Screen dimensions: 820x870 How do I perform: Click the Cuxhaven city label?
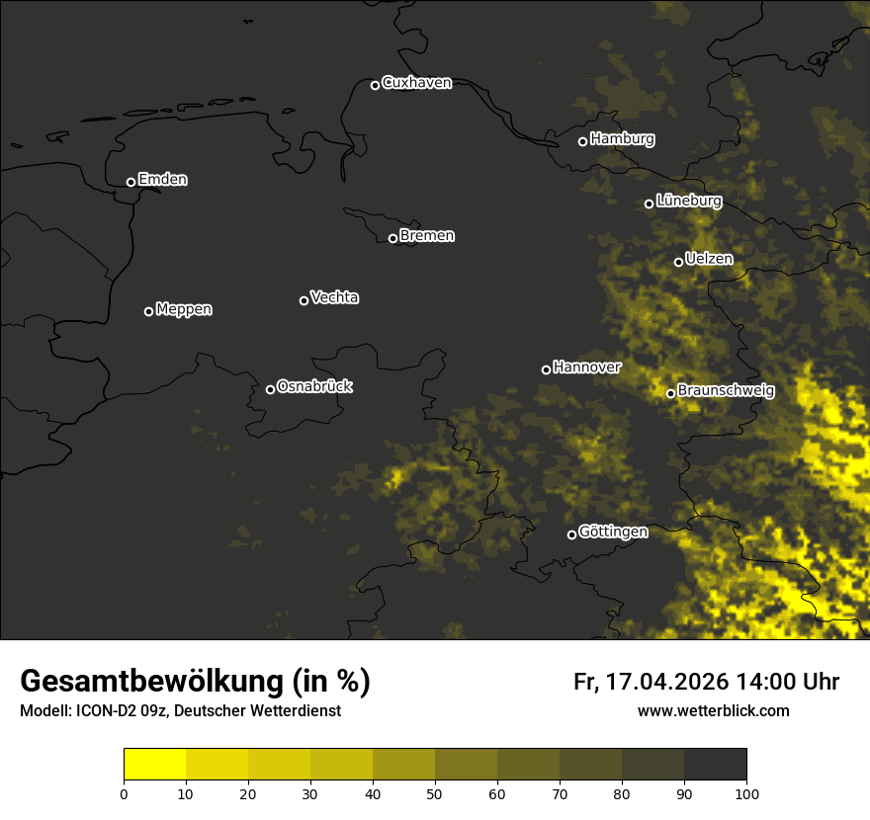416,83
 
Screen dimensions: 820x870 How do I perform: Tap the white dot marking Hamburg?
582,141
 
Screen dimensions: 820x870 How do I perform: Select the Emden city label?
163,180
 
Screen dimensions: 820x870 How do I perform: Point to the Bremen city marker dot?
392,238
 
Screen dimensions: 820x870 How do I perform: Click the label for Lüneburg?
689,202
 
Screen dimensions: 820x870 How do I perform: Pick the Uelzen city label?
709,260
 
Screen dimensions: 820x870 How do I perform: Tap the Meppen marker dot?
148,311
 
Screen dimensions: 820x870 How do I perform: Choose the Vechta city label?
334,297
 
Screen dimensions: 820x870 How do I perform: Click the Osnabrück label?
314,386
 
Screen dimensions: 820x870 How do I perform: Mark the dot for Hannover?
546,369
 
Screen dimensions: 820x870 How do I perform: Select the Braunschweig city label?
726,391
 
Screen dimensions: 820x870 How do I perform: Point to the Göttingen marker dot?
571,534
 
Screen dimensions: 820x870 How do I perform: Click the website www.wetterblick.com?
714,710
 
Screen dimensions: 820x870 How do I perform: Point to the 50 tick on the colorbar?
435,792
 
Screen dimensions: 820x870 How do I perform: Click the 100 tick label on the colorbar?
746,792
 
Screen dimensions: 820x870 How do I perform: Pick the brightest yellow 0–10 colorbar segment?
154,765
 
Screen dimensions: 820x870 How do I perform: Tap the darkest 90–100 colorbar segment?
715,765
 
